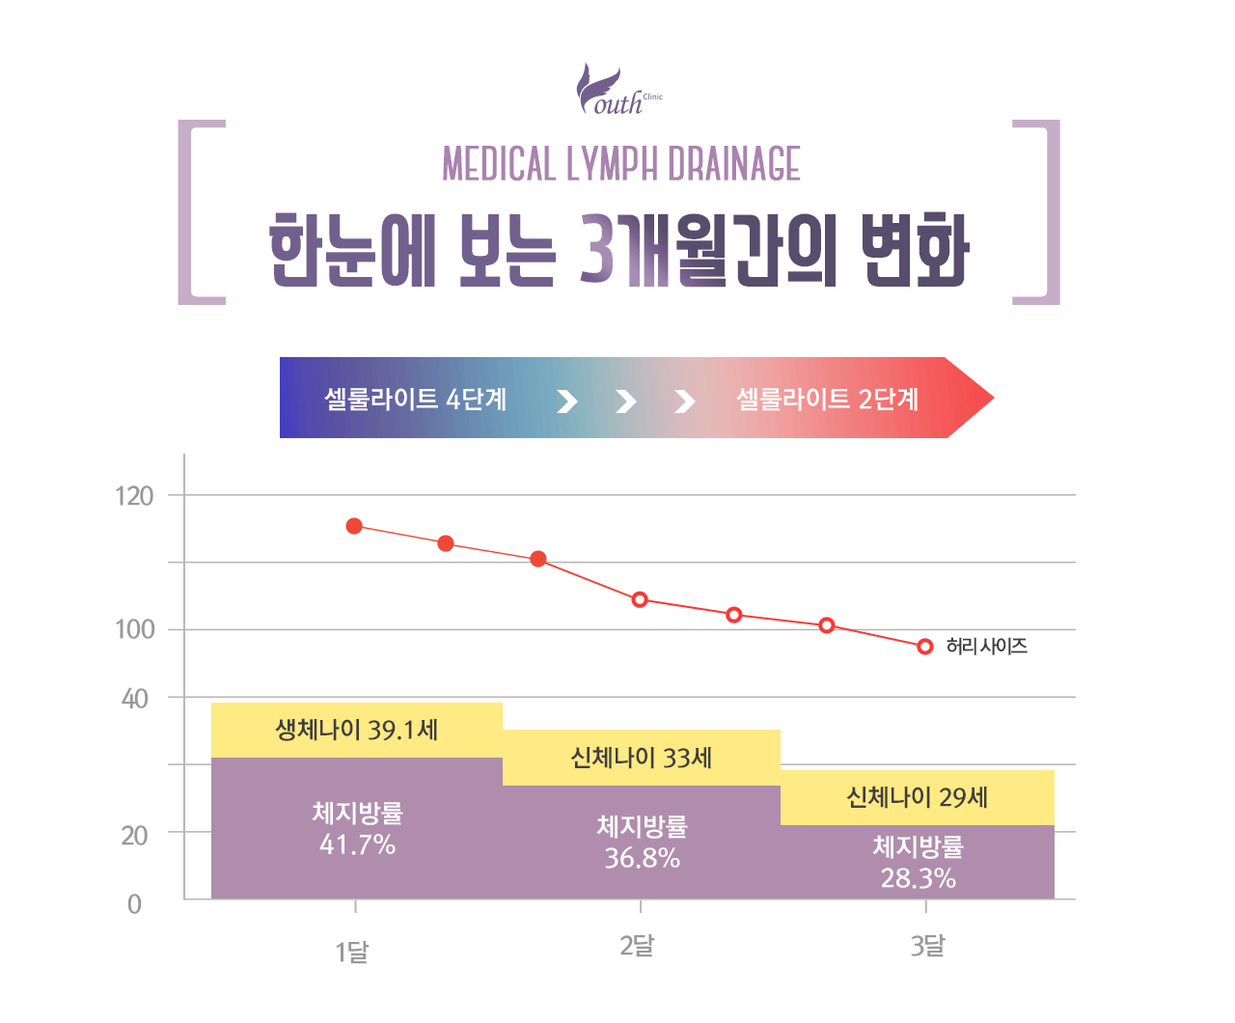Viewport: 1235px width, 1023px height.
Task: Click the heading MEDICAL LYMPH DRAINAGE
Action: point(621,164)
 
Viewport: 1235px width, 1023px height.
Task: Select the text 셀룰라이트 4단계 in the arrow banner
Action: point(415,399)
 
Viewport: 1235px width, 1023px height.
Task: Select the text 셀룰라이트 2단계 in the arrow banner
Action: point(827,399)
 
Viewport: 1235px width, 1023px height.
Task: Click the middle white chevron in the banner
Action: point(626,401)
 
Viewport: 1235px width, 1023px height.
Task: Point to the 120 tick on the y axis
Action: point(134,496)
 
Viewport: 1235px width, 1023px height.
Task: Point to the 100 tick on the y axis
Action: point(134,629)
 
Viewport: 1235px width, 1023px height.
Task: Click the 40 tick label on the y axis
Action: point(135,698)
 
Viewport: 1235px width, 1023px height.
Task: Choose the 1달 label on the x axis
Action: point(352,953)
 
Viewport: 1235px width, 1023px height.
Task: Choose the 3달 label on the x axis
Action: point(927,946)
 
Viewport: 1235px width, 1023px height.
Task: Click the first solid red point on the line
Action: point(354,526)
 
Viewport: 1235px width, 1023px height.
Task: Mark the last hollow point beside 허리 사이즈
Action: point(924,647)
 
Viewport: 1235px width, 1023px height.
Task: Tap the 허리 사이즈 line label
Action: point(986,647)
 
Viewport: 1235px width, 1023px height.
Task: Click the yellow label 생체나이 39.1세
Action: point(357,730)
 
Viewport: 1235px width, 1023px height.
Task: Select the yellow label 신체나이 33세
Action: point(642,758)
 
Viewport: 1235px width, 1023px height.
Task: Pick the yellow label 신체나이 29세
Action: point(917,797)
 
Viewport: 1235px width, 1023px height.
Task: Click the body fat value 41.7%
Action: point(357,845)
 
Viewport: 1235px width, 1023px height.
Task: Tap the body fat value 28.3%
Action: point(918,878)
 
